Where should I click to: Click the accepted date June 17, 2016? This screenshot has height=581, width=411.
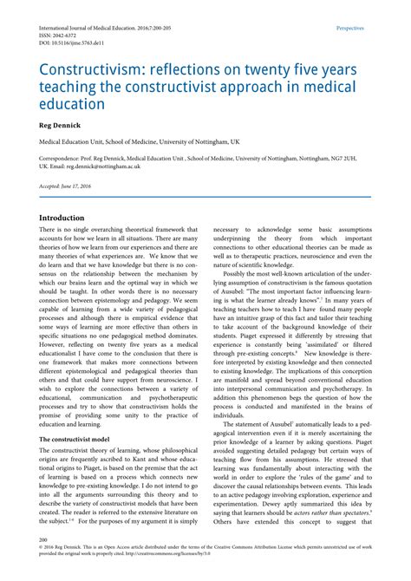coord(81,187)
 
